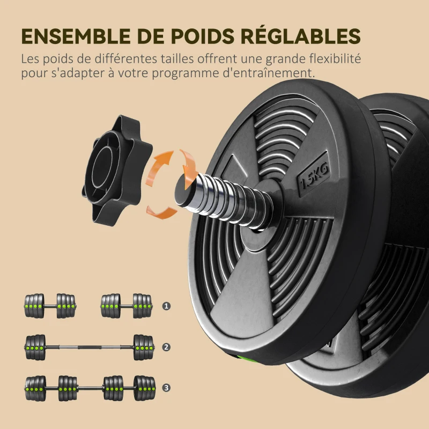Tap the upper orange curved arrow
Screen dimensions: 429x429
[162, 164]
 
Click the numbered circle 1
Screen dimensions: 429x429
[166, 306]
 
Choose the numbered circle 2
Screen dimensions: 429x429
[166, 347]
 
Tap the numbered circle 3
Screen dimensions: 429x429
[166, 387]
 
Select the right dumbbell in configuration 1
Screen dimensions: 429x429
[127, 306]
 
